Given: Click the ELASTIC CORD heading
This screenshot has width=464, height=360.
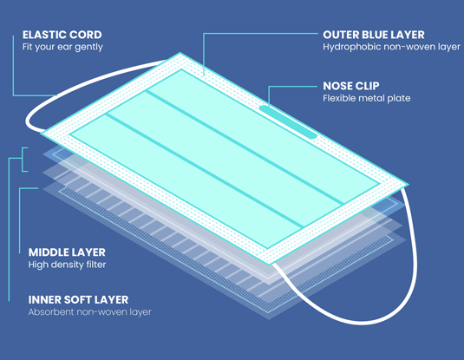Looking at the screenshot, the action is pos(62,35).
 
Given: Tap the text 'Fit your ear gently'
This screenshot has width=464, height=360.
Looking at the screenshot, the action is pos(62,47).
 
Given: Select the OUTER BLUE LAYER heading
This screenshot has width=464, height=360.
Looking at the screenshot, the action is pos(374,35).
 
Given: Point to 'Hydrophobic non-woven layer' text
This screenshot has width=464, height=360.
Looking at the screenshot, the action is pos(391,47).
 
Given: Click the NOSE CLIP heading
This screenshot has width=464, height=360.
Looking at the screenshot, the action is pos(351,86).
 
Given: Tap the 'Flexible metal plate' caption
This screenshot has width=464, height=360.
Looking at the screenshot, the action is pos(367,98).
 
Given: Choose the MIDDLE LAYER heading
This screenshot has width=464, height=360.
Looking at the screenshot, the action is pos(67,252).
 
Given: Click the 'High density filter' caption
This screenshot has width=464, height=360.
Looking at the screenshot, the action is pos(67,265).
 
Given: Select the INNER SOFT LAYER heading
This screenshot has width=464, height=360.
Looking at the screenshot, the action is pos(78,300).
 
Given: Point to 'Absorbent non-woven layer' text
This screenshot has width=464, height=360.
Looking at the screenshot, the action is pos(90,312).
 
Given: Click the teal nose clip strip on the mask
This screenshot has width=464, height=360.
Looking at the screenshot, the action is pos(288,121).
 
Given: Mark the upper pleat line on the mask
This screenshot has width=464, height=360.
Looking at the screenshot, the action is pos(245,147).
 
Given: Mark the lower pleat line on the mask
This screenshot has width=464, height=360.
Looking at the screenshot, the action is pos(204,171).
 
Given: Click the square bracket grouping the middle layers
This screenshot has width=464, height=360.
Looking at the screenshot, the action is pos(23,160).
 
